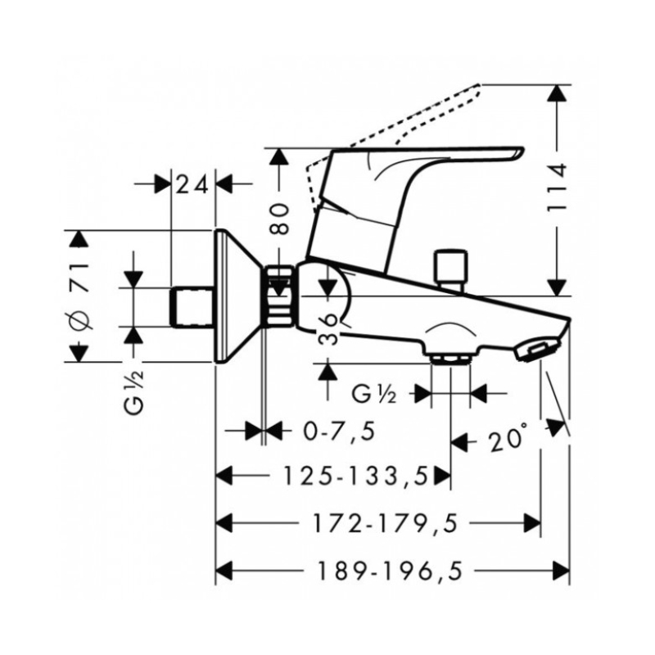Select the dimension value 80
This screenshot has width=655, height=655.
coord(279,219)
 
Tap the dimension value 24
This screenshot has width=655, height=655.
coord(192,185)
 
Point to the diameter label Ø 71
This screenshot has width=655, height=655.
coord(79,296)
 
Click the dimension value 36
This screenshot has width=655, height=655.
coord(328,330)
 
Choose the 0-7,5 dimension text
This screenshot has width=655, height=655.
coord(338,431)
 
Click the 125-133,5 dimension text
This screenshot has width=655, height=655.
coord(356,476)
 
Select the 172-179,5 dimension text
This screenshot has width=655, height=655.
coord(385,523)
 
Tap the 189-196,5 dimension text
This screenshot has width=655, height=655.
coord(391,570)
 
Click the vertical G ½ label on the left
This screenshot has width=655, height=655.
coord(134,392)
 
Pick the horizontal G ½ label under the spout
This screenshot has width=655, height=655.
coord(374,395)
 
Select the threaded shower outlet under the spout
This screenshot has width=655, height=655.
coord(450,359)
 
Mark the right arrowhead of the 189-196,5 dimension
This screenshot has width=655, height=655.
coord(562,570)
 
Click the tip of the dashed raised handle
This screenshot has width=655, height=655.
coord(479,86)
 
